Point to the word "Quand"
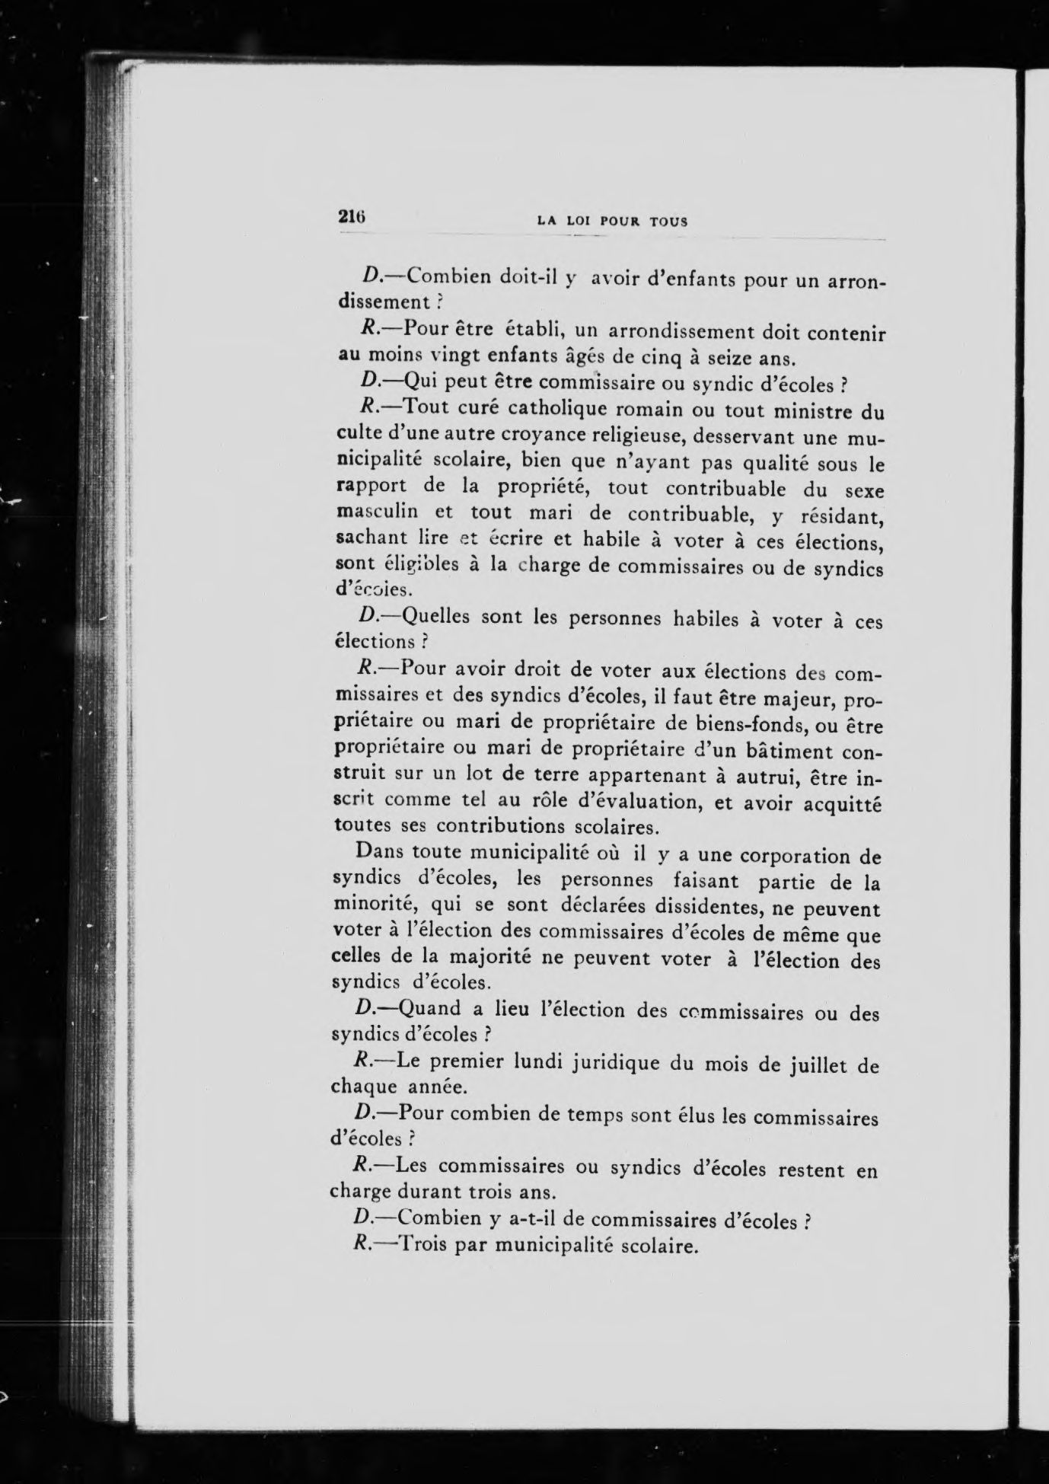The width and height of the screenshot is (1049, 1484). coord(429,1008)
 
